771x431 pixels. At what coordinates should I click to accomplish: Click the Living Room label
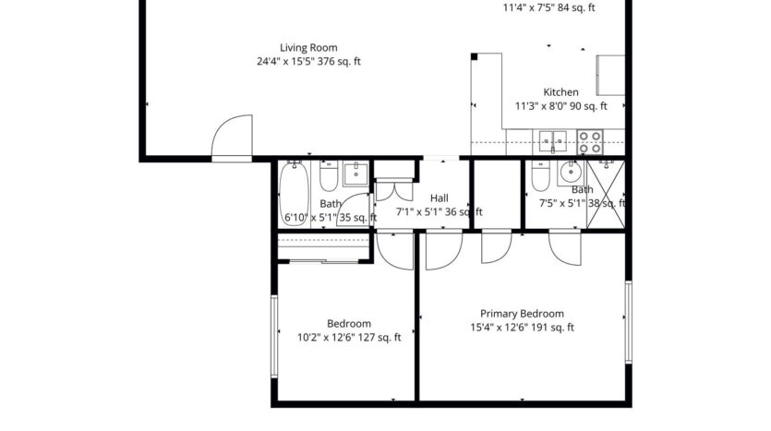coord(309,48)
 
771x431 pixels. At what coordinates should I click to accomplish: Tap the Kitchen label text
coord(560,92)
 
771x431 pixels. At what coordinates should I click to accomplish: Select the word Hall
coord(439,198)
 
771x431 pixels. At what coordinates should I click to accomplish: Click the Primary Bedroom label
coord(522,314)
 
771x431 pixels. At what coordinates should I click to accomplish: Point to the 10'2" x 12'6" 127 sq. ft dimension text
coord(348,338)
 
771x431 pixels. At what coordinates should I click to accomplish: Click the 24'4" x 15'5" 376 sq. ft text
coord(309,63)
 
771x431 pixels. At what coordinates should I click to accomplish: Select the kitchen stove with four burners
coord(590,142)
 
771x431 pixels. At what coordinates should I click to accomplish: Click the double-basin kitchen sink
coord(553,142)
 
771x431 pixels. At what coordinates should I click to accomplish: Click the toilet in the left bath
coord(328,175)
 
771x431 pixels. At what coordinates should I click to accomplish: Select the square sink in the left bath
coord(355,173)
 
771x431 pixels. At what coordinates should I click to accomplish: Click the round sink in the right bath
coord(570,172)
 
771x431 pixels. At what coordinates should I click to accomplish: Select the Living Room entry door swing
coord(231,138)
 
